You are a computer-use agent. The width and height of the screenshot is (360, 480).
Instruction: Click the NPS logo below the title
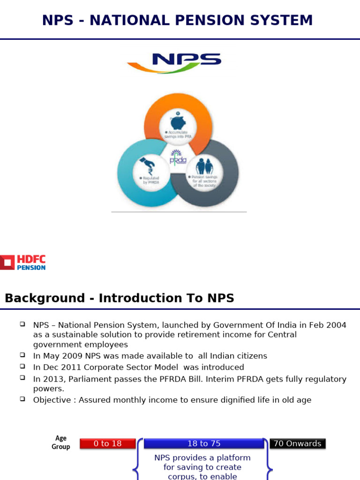174,63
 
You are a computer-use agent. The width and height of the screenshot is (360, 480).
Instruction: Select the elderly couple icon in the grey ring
204,166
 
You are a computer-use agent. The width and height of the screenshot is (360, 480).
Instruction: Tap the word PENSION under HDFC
31,268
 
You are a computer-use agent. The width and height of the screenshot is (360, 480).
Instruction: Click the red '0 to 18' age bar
108,443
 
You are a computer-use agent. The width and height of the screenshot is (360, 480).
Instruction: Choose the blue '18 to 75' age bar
203,443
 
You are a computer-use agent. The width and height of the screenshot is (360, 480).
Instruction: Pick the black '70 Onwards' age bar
297,443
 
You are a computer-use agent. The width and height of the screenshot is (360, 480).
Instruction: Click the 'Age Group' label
61,442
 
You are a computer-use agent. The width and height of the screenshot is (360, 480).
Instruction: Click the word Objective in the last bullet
53,400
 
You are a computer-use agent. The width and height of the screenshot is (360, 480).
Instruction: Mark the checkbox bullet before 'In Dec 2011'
22,366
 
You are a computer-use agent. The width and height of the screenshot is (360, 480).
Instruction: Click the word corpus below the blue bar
181,476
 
